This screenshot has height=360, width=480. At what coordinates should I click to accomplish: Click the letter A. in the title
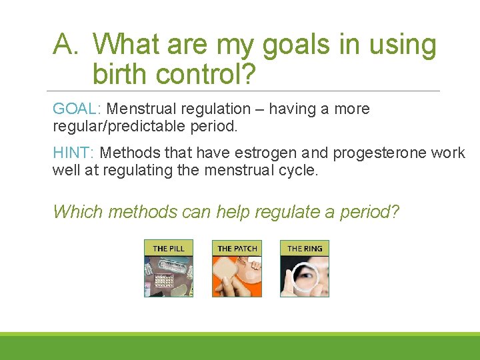point(68,45)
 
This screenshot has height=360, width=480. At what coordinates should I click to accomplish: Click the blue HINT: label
point(73,153)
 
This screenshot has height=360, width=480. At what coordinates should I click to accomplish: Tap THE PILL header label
point(169,249)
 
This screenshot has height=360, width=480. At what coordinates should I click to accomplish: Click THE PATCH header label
point(237,249)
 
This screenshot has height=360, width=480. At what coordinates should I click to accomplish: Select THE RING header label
point(305,249)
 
